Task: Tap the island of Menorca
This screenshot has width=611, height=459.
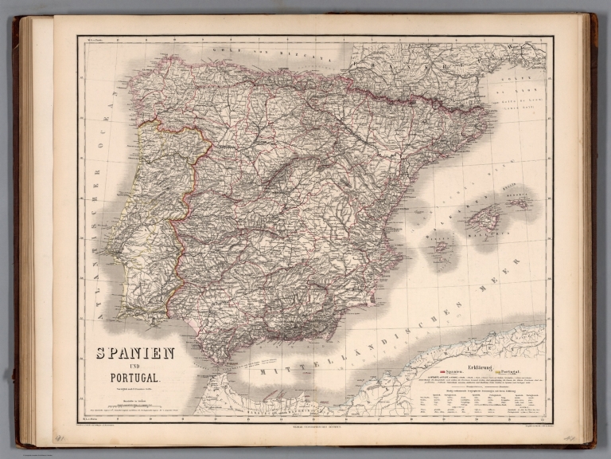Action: tap(521, 202)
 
